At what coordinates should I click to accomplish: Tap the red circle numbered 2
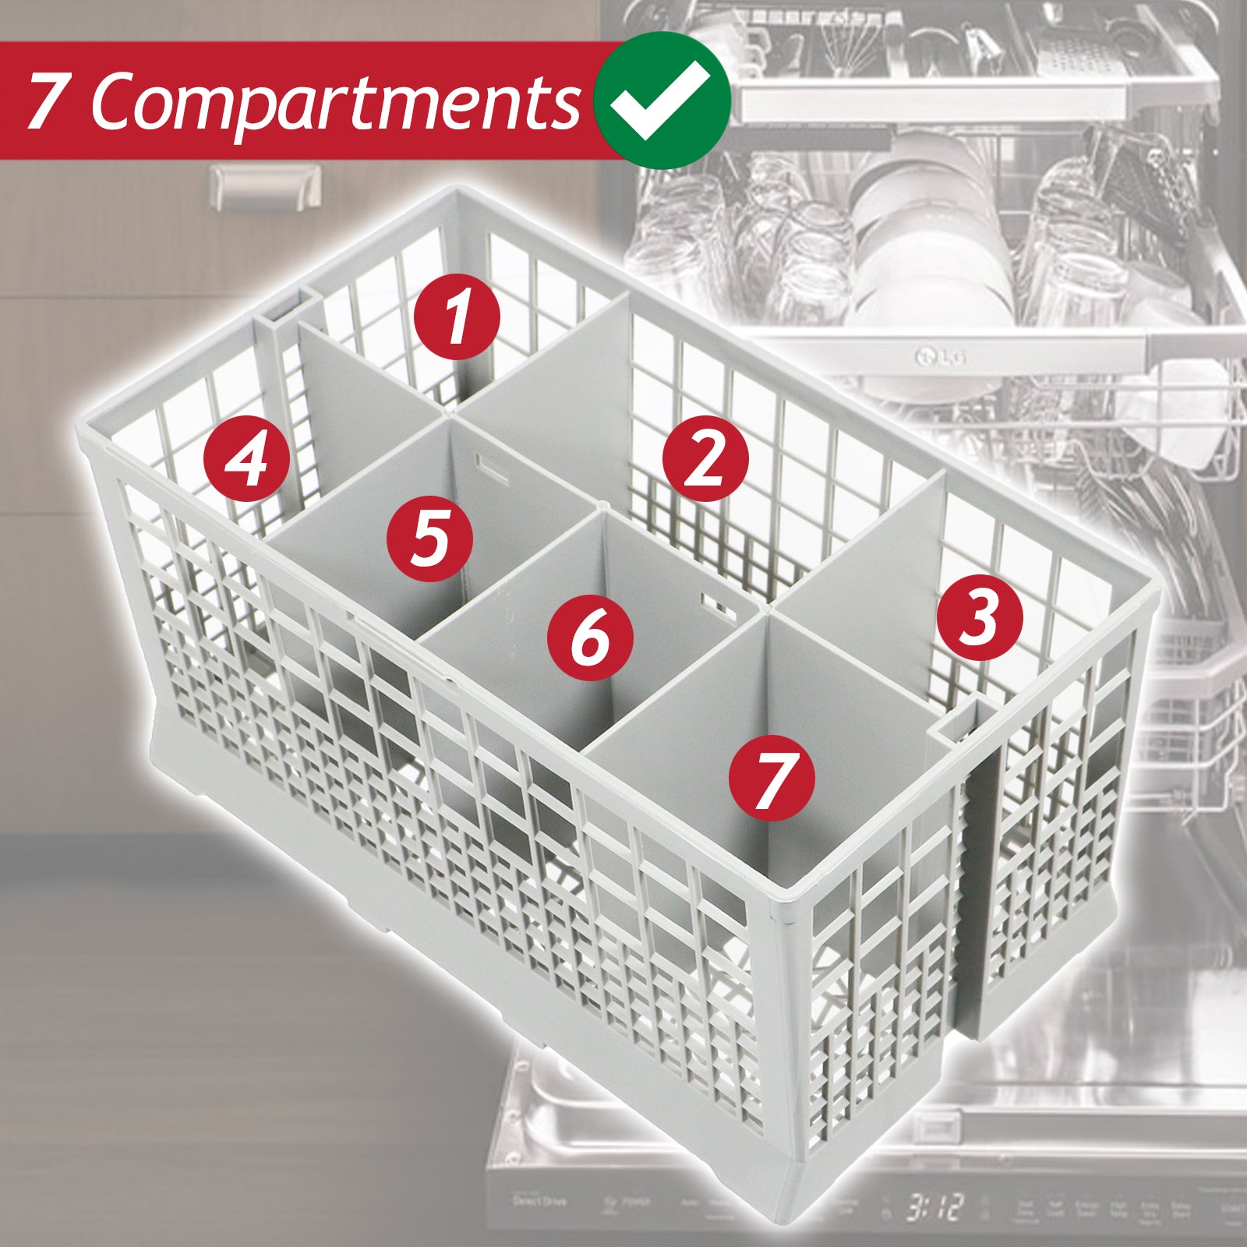point(705,458)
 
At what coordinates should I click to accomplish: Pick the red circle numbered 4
point(246,458)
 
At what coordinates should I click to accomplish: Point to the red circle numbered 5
point(430,539)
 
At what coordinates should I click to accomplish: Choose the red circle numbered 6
point(590,637)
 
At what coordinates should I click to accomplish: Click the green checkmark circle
point(661,100)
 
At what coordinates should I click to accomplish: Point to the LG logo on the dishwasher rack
point(939,358)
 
